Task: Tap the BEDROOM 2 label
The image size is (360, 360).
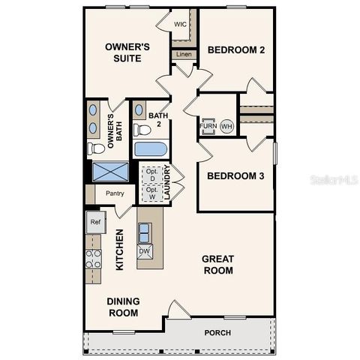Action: (x=236, y=50)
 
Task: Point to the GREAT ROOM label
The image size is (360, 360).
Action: (x=218, y=265)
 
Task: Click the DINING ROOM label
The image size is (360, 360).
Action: (x=124, y=307)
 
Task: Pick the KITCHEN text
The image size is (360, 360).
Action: (x=119, y=249)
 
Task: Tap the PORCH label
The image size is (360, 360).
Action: (x=217, y=333)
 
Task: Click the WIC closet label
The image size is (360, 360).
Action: (x=180, y=24)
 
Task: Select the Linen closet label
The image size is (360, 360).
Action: (x=183, y=54)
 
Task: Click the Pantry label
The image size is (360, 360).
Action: (x=115, y=193)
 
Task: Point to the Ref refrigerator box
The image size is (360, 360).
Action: (x=94, y=222)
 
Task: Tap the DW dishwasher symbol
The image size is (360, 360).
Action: (x=144, y=250)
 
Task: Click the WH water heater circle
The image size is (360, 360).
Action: (x=226, y=127)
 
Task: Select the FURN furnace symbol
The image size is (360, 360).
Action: (x=208, y=126)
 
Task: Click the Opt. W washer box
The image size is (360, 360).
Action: (x=151, y=193)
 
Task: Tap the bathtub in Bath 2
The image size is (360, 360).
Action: (x=151, y=148)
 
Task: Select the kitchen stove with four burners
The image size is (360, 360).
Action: (x=94, y=259)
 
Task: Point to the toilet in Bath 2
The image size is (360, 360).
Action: (x=142, y=130)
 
